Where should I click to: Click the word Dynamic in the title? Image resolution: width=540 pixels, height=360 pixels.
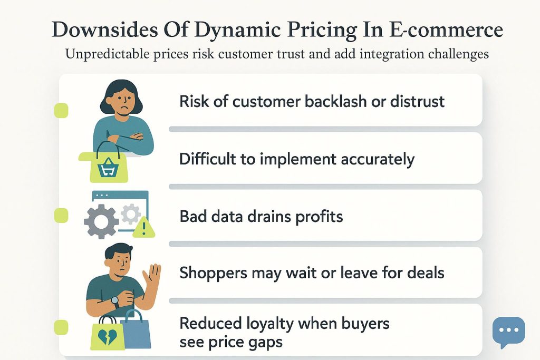237,30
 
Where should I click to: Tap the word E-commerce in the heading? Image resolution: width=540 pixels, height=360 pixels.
446,30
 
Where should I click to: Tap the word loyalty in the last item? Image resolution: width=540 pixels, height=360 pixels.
269,324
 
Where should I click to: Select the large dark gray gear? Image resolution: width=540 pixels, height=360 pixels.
101,222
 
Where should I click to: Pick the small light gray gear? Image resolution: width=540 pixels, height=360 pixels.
131,214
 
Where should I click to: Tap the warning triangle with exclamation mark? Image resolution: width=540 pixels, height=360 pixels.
144,228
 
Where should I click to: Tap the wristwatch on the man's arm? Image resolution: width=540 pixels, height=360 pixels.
115,302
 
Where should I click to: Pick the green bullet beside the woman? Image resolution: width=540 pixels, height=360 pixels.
62,111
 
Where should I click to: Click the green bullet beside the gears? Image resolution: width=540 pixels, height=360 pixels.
62,216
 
